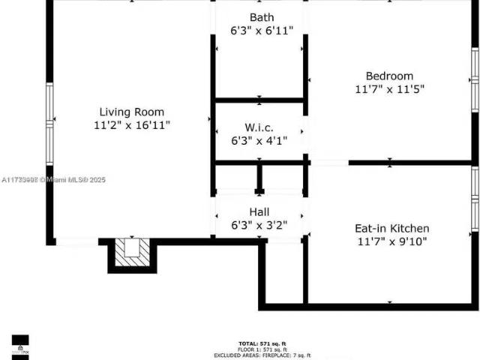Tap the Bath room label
click(261, 17)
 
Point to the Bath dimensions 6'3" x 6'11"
click(261, 31)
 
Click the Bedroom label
click(389, 76)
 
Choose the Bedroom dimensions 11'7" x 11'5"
click(389, 89)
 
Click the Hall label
click(259, 212)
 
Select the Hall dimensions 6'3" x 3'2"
click(259, 225)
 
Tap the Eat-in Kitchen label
click(391, 228)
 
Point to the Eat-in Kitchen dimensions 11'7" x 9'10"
click(391, 241)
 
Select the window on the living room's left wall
click(49, 123)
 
